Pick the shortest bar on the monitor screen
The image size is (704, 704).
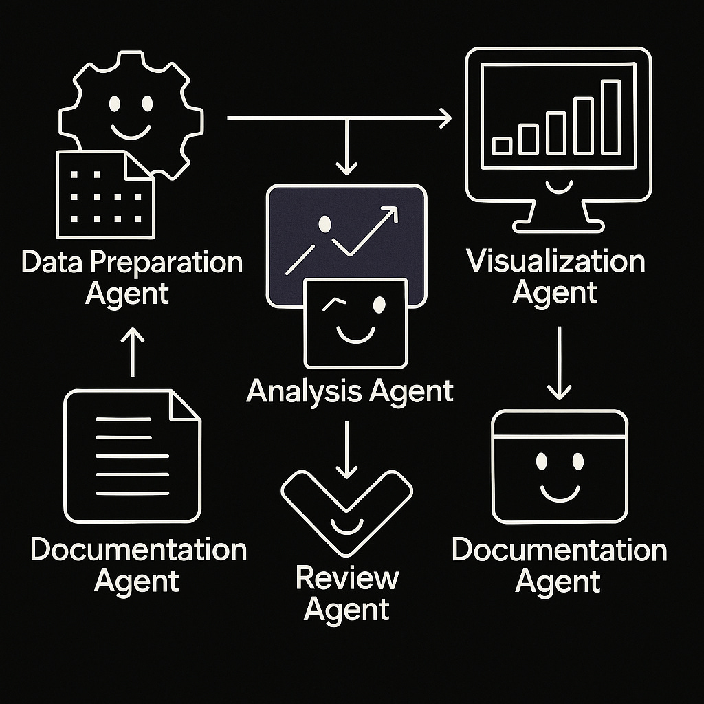click(503, 145)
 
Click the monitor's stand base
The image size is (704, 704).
click(558, 219)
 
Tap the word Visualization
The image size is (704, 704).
click(555, 262)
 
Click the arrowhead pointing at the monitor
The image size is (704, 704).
click(445, 118)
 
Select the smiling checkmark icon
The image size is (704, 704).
click(347, 509)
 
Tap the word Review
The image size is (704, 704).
click(347, 578)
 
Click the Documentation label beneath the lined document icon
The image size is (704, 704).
click(138, 550)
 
